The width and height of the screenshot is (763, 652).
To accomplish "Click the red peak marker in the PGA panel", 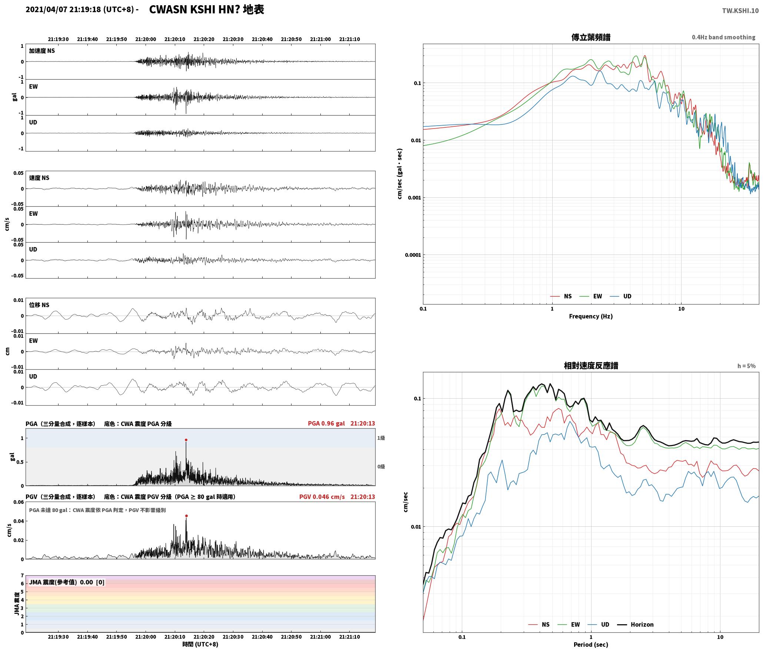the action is pos(186,440).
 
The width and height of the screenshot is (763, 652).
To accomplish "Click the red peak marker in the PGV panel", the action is pos(186,516).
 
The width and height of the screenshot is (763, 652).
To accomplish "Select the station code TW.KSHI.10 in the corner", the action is pos(740,11).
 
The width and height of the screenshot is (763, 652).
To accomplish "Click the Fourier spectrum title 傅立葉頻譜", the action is pos(591,37).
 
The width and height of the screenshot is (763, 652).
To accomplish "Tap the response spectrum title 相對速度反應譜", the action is pos(591,366).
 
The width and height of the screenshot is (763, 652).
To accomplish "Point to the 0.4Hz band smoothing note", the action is pos(723,37).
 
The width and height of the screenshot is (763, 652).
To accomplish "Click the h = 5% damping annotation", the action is pos(746,366).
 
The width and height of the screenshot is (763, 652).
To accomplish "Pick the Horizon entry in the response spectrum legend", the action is pos(635,625).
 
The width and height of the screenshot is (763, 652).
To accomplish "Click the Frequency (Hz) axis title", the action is pos(591,316).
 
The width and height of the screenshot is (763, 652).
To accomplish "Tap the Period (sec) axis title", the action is pos(591,645).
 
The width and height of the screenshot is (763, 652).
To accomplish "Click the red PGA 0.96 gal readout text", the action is pos(326,423).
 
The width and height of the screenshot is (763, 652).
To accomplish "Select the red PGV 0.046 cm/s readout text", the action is pos(322,497).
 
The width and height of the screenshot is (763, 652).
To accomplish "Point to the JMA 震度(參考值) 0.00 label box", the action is pos(67,582).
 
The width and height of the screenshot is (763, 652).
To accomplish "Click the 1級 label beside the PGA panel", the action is pos(381,438).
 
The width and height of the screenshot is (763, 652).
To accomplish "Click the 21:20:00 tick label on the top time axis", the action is pos(146,39).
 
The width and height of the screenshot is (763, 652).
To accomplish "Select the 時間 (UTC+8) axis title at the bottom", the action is pos(200,644).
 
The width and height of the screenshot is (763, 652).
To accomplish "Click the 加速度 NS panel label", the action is pos(42,51).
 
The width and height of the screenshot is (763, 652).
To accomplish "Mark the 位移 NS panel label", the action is pos(39,305).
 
